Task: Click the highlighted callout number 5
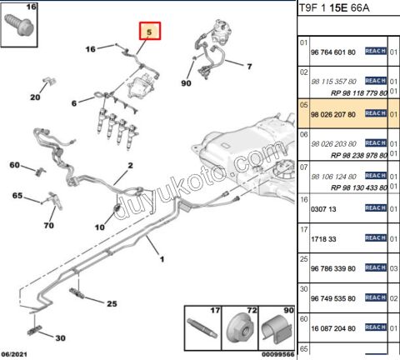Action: click(149, 32)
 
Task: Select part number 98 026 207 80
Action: click(333, 114)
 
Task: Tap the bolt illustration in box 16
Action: click(19, 24)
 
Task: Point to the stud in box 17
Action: click(202, 328)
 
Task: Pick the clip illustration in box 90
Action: click(277, 329)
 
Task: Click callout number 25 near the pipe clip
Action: click(112, 303)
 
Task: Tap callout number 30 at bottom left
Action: click(60, 338)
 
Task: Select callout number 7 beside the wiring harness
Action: click(249, 67)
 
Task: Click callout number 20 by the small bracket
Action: click(35, 97)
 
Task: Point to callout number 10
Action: click(100, 227)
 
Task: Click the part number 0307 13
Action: click(323, 209)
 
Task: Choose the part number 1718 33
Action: click(323, 239)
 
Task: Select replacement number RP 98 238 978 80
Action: click(359, 156)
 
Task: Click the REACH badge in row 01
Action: click(376, 51)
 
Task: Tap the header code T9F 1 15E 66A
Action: click(334, 8)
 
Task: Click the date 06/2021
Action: click(14, 354)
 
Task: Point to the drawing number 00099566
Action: click(277, 354)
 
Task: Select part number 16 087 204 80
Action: click(333, 328)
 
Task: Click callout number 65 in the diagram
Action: click(17, 196)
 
